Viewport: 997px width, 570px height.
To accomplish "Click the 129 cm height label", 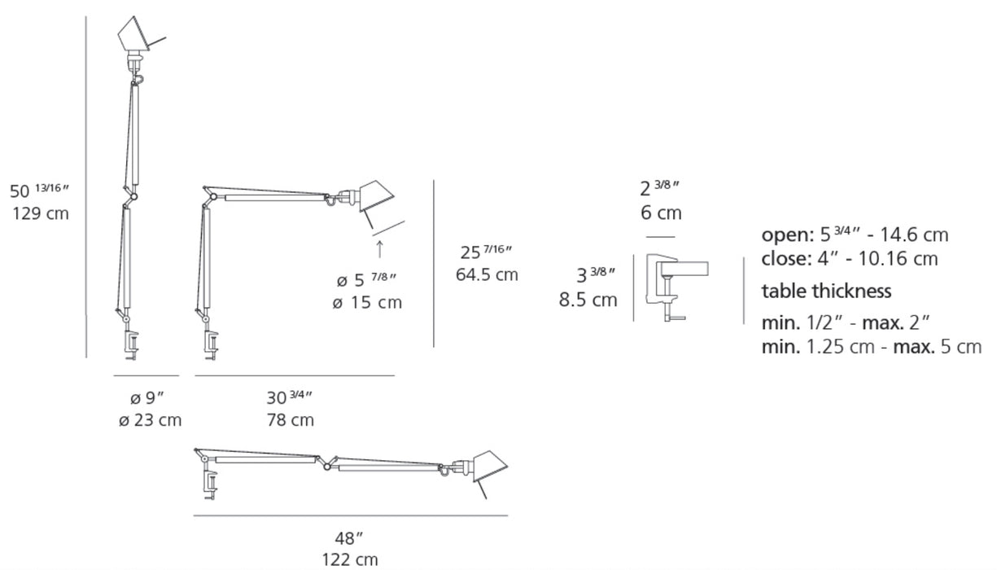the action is click(x=41, y=213).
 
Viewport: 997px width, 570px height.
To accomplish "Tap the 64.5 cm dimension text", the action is click(x=487, y=274).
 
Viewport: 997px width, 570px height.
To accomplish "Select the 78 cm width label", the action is click(x=291, y=420).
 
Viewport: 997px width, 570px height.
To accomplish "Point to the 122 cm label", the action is click(x=350, y=559).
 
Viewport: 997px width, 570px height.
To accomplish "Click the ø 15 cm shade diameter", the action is click(x=367, y=302).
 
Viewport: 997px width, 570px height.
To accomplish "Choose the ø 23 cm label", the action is click(x=150, y=420).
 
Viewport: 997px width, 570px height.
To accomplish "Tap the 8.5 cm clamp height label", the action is click(x=588, y=300).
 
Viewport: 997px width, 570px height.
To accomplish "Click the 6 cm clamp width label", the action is click(x=661, y=213).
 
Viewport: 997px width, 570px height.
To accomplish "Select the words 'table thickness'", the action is click(x=826, y=292).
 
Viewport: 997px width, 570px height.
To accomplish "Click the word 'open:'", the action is click(x=788, y=235).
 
